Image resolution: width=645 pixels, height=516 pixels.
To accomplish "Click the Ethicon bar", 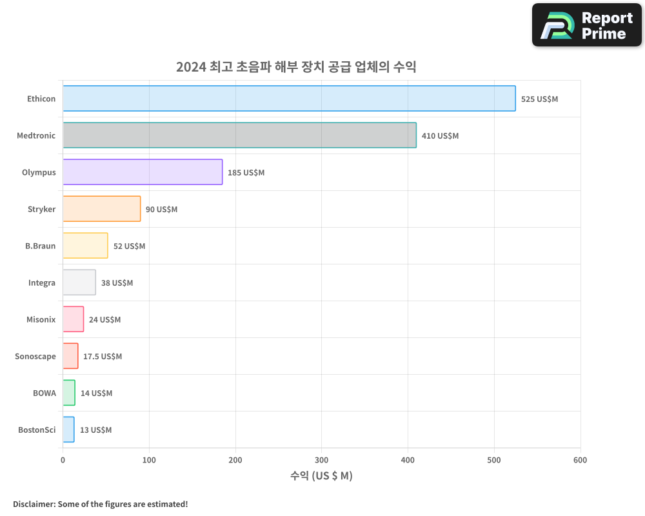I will pyautogui.click(x=289, y=99).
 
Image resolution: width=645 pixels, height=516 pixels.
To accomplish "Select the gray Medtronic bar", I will pyautogui.click(x=239, y=135).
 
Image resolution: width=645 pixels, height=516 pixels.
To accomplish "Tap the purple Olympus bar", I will pyautogui.click(x=143, y=172).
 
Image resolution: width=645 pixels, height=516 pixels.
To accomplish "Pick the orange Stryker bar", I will pyautogui.click(x=101, y=209).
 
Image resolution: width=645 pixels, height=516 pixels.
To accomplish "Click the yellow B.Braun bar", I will pyautogui.click(x=85, y=246).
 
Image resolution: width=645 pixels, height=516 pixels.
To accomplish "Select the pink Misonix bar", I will pyautogui.click(x=73, y=319).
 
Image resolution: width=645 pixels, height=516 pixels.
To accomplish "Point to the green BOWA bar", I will pyautogui.click(x=69, y=393).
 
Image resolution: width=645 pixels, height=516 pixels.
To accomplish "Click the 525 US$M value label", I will pyautogui.click(x=539, y=99).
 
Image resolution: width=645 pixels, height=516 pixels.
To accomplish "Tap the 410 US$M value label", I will pyautogui.click(x=440, y=136).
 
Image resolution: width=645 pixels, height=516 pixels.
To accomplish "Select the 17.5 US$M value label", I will pyautogui.click(x=103, y=357).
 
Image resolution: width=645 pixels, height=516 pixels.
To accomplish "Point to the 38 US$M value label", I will pyautogui.click(x=117, y=283).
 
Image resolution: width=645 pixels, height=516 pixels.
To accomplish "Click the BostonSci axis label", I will pyautogui.click(x=37, y=430).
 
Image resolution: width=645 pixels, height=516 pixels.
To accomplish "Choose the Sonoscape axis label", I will pyautogui.click(x=35, y=356).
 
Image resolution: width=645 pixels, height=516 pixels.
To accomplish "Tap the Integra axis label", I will pyautogui.click(x=42, y=283).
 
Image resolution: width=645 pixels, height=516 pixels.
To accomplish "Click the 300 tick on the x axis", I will pyautogui.click(x=322, y=460).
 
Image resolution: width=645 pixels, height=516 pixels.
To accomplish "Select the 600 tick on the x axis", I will pyautogui.click(x=580, y=460).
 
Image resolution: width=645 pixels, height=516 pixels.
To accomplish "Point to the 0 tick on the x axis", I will pyautogui.click(x=63, y=460).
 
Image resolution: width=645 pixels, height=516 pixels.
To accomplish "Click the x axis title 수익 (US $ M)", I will pyautogui.click(x=321, y=476).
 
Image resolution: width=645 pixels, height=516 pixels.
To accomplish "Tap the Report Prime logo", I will pyautogui.click(x=587, y=25).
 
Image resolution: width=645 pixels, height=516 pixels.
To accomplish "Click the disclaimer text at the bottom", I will pyautogui.click(x=101, y=504).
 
